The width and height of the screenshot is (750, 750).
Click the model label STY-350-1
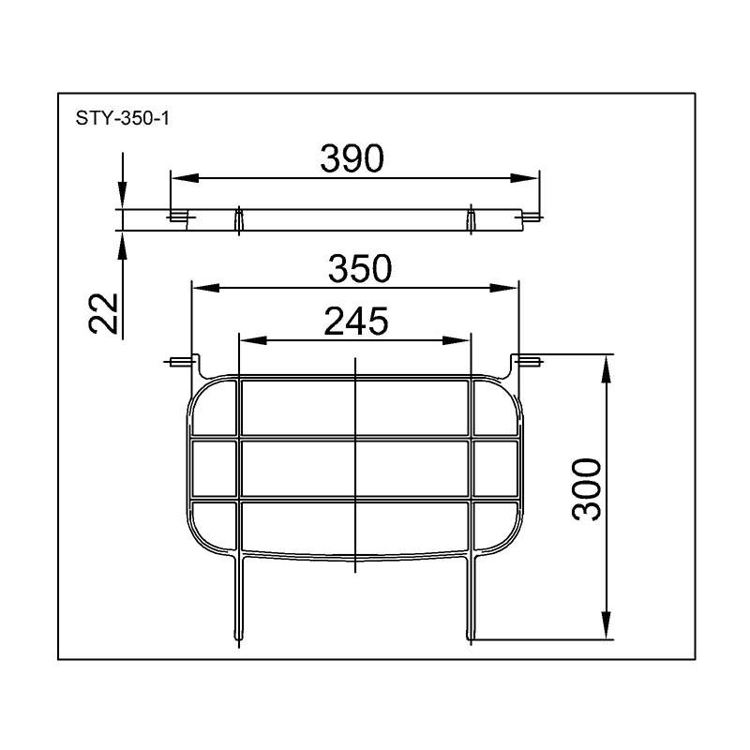click(x=123, y=118)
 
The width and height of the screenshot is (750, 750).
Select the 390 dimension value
click(x=352, y=158)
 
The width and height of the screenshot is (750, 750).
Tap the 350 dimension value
click(x=360, y=268)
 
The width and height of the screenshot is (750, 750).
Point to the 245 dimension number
click(x=356, y=321)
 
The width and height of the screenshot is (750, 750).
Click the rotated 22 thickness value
click(x=103, y=313)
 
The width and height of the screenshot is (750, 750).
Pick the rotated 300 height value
click(x=587, y=488)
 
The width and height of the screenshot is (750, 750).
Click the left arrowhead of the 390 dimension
click(x=185, y=178)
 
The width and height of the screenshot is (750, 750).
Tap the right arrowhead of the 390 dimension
click(x=525, y=178)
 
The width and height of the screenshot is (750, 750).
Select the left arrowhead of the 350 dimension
click(x=205, y=288)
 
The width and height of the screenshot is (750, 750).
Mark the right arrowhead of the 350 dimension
click(x=504, y=288)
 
